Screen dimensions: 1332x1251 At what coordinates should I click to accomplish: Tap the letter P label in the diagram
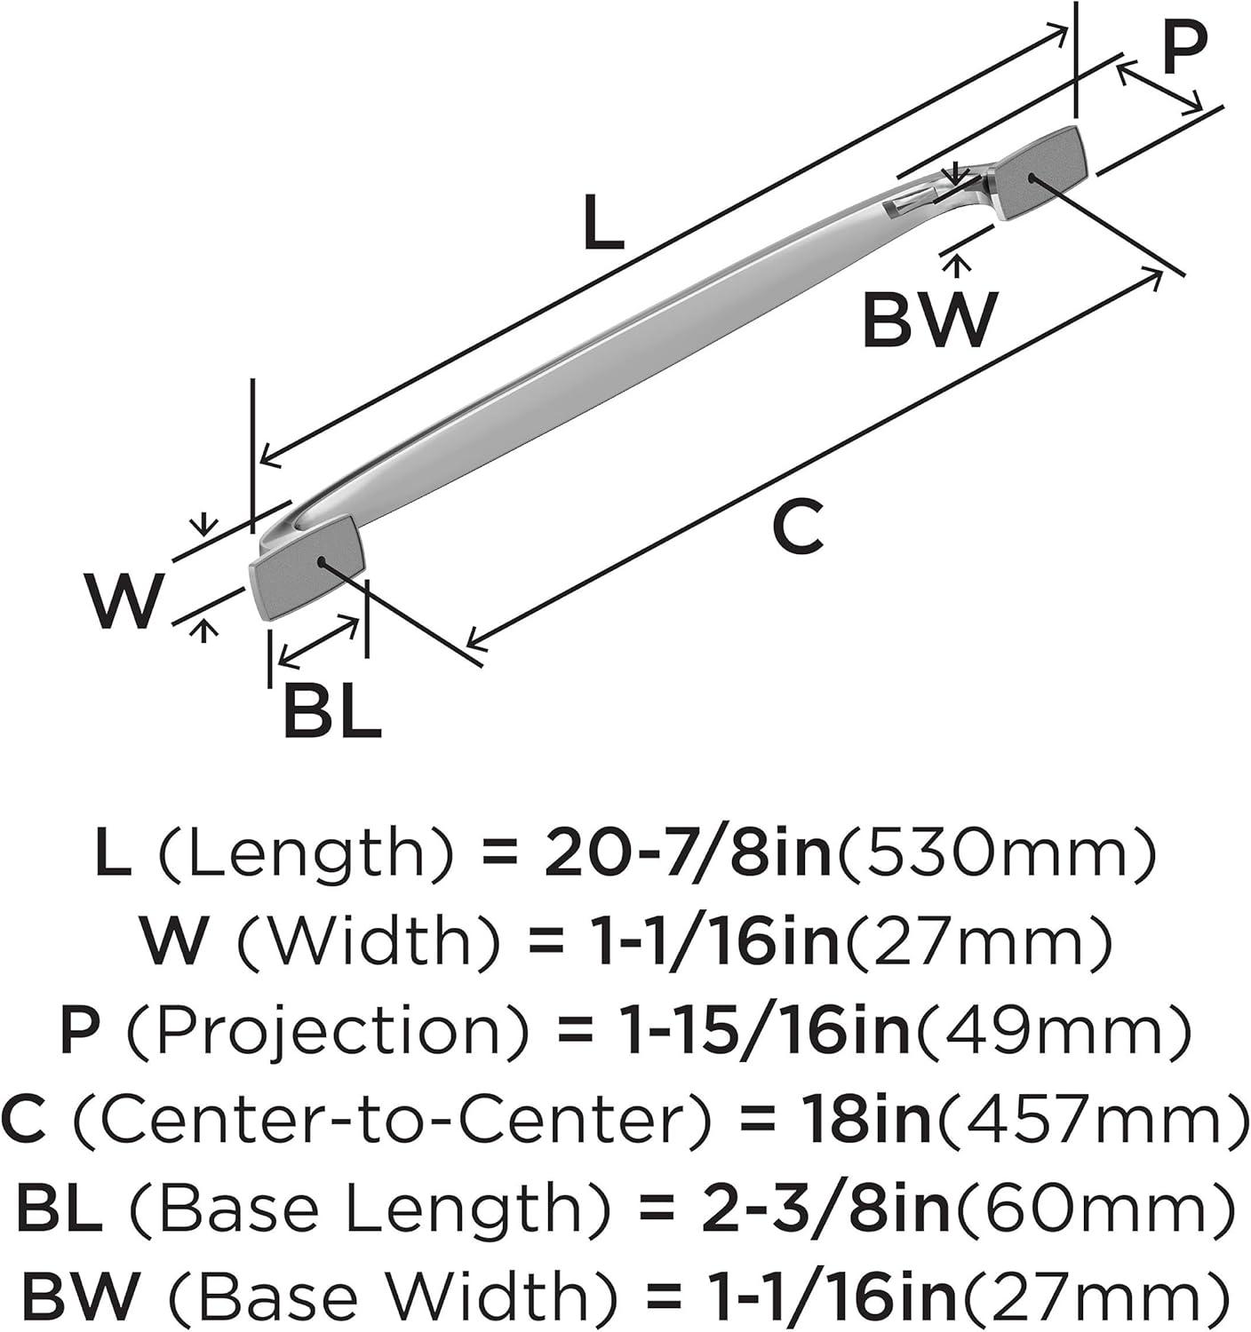pos(1184,50)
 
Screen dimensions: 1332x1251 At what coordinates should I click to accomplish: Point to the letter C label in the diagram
pos(797,528)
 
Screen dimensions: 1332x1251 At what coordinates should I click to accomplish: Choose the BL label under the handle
pos(331,710)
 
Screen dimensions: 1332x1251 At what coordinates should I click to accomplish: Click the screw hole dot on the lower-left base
pos(321,561)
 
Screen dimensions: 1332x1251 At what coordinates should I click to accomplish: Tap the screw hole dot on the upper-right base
pos(1031,178)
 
